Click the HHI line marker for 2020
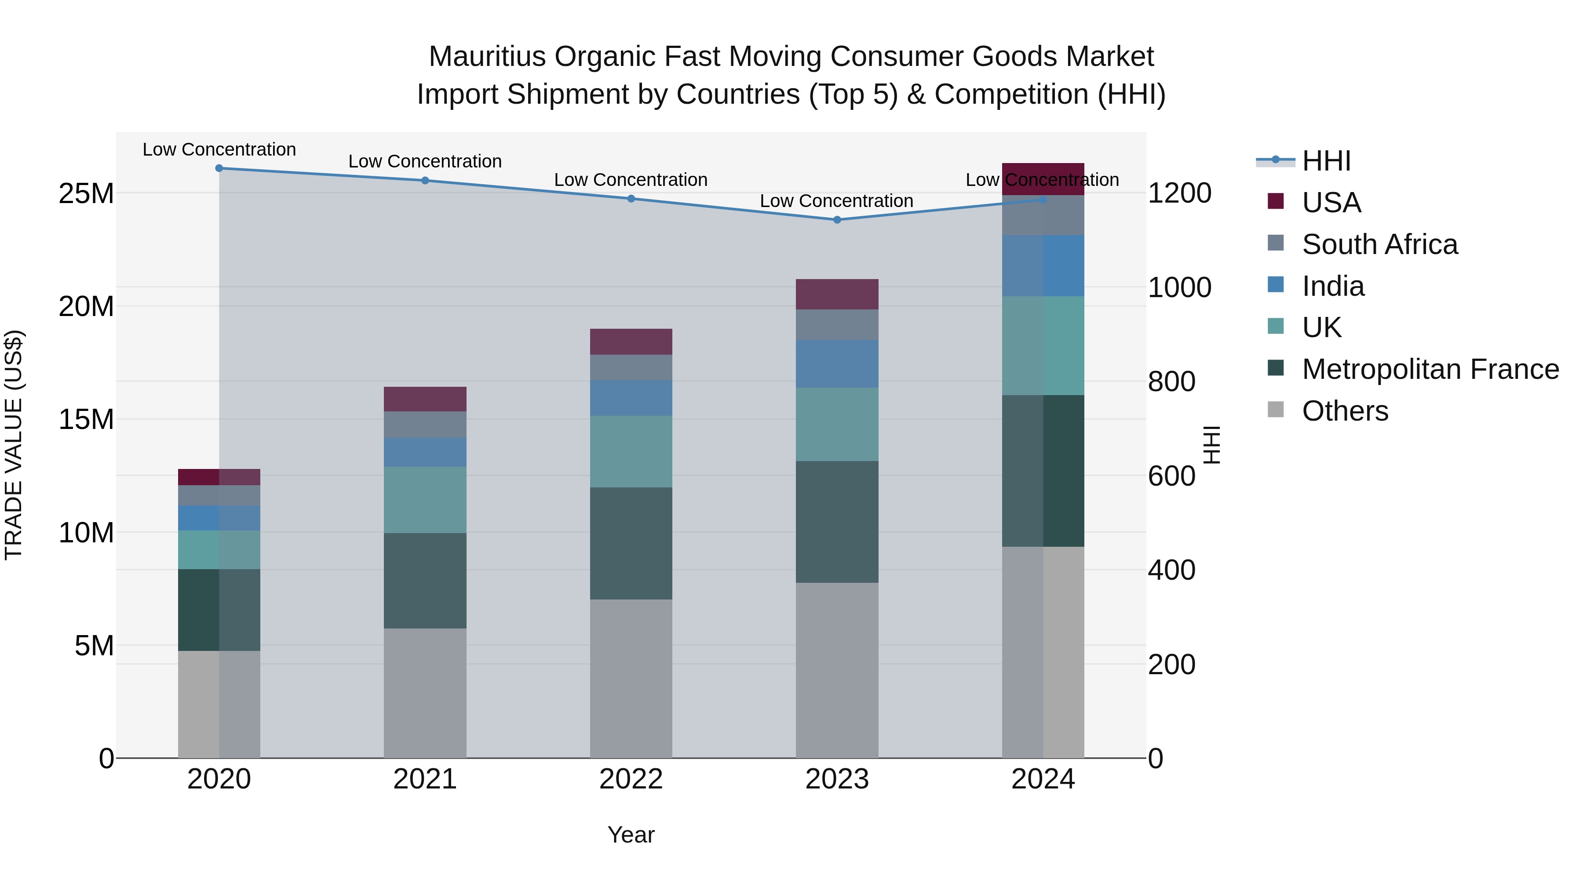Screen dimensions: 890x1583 click(219, 168)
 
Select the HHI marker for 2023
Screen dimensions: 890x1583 click(837, 220)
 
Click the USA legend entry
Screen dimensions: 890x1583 click(1331, 203)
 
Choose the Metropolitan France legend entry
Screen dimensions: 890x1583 click(1430, 369)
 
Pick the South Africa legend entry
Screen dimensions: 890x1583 click(1379, 244)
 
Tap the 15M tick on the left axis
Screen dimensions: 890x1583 click(86, 420)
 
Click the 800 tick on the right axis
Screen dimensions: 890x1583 click(1171, 381)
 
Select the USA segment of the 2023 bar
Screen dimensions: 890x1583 click(837, 294)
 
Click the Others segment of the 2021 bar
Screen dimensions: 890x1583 click(425, 692)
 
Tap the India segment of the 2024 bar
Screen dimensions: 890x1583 click(1043, 266)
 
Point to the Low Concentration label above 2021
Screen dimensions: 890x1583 click(425, 162)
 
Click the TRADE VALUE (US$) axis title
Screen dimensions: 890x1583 click(14, 445)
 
